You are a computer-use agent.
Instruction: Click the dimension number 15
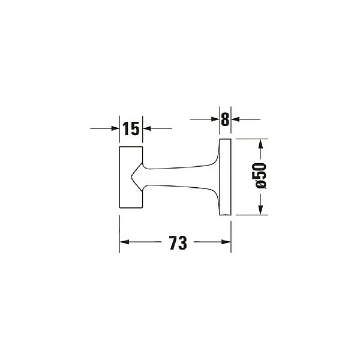tap(131, 128)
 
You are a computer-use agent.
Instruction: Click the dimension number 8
tap(225, 119)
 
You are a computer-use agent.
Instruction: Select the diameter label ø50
tap(261, 176)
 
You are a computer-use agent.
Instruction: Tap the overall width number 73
tap(178, 242)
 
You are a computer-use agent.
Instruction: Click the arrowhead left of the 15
tap(115, 128)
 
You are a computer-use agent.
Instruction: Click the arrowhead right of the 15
tap(147, 128)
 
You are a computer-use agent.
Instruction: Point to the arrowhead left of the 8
tap(215, 119)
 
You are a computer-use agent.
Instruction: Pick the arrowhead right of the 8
tap(235, 119)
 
